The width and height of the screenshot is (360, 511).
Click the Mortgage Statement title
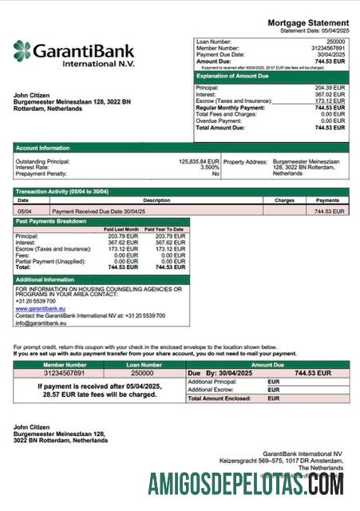307,23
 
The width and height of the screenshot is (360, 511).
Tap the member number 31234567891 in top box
327,47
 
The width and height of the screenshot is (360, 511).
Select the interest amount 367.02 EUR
330,94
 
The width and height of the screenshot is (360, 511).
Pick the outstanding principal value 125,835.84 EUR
199,160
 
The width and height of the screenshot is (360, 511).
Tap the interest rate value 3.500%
210,167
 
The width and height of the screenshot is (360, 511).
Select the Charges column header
284,200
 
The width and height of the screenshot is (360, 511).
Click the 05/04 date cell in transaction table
24,211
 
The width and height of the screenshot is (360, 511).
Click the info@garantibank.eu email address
40,323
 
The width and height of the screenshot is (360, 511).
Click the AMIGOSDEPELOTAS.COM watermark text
246,484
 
